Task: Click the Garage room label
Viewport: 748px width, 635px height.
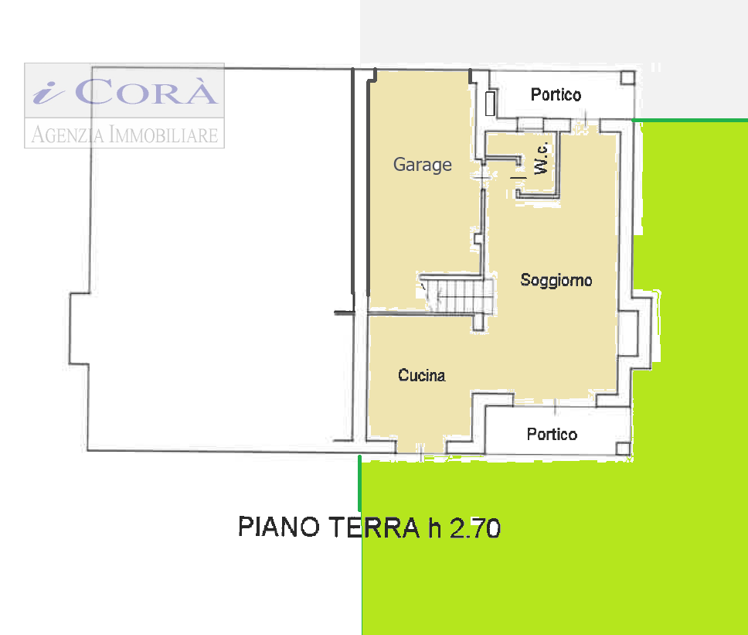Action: coord(422,165)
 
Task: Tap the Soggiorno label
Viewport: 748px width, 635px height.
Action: coord(556,280)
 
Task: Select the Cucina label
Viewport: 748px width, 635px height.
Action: coord(422,375)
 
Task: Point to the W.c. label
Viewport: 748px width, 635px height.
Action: coord(542,159)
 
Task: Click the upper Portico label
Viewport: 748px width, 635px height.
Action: coord(556,94)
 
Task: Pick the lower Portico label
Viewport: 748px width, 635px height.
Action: coord(552,434)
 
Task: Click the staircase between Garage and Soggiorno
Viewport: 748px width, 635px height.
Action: coord(457,294)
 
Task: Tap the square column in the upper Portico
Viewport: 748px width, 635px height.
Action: coord(627,78)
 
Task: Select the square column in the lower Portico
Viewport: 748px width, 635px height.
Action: coord(623,449)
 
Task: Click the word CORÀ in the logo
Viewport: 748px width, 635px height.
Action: coord(146,91)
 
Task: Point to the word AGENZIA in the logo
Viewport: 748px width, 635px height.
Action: coord(67,134)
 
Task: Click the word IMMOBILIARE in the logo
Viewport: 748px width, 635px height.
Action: coord(164,134)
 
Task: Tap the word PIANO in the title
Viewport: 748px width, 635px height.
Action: coord(279,527)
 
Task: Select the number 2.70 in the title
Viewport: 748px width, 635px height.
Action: coord(475,528)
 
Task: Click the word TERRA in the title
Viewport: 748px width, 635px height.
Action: coord(374,527)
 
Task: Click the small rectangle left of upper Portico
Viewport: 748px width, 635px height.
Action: coord(490,104)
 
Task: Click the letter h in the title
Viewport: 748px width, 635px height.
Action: coord(434,527)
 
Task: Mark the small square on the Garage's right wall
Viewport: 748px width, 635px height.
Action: coord(478,239)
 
